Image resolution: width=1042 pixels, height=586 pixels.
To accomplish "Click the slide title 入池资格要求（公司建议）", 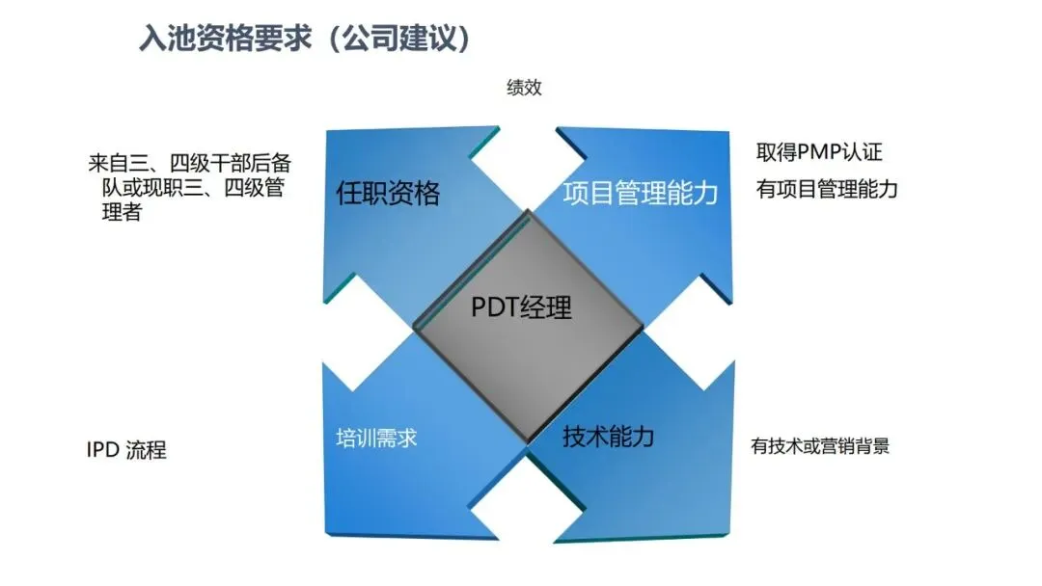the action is point(306,39).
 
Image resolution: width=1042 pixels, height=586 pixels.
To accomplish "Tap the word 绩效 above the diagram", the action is point(524,88).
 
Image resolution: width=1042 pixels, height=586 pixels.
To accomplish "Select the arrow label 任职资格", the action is point(388,194).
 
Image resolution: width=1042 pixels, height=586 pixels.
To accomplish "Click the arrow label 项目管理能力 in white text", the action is point(640,193).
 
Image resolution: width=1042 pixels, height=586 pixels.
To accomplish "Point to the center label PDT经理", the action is point(521,306).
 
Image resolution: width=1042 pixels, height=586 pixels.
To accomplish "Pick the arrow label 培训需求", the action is point(376,439).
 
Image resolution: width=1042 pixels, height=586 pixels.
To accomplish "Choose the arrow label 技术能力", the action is point(608,437).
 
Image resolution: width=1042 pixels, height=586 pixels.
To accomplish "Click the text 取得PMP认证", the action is point(819,152).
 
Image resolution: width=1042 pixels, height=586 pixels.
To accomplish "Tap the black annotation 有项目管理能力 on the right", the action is point(827,189).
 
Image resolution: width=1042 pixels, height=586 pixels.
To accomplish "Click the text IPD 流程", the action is point(126,450).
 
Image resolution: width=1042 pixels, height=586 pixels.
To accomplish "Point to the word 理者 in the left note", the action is point(123,212).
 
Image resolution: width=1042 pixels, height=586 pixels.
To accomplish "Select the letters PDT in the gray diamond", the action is point(494,306).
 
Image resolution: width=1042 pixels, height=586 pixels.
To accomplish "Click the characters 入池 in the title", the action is point(161,39).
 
